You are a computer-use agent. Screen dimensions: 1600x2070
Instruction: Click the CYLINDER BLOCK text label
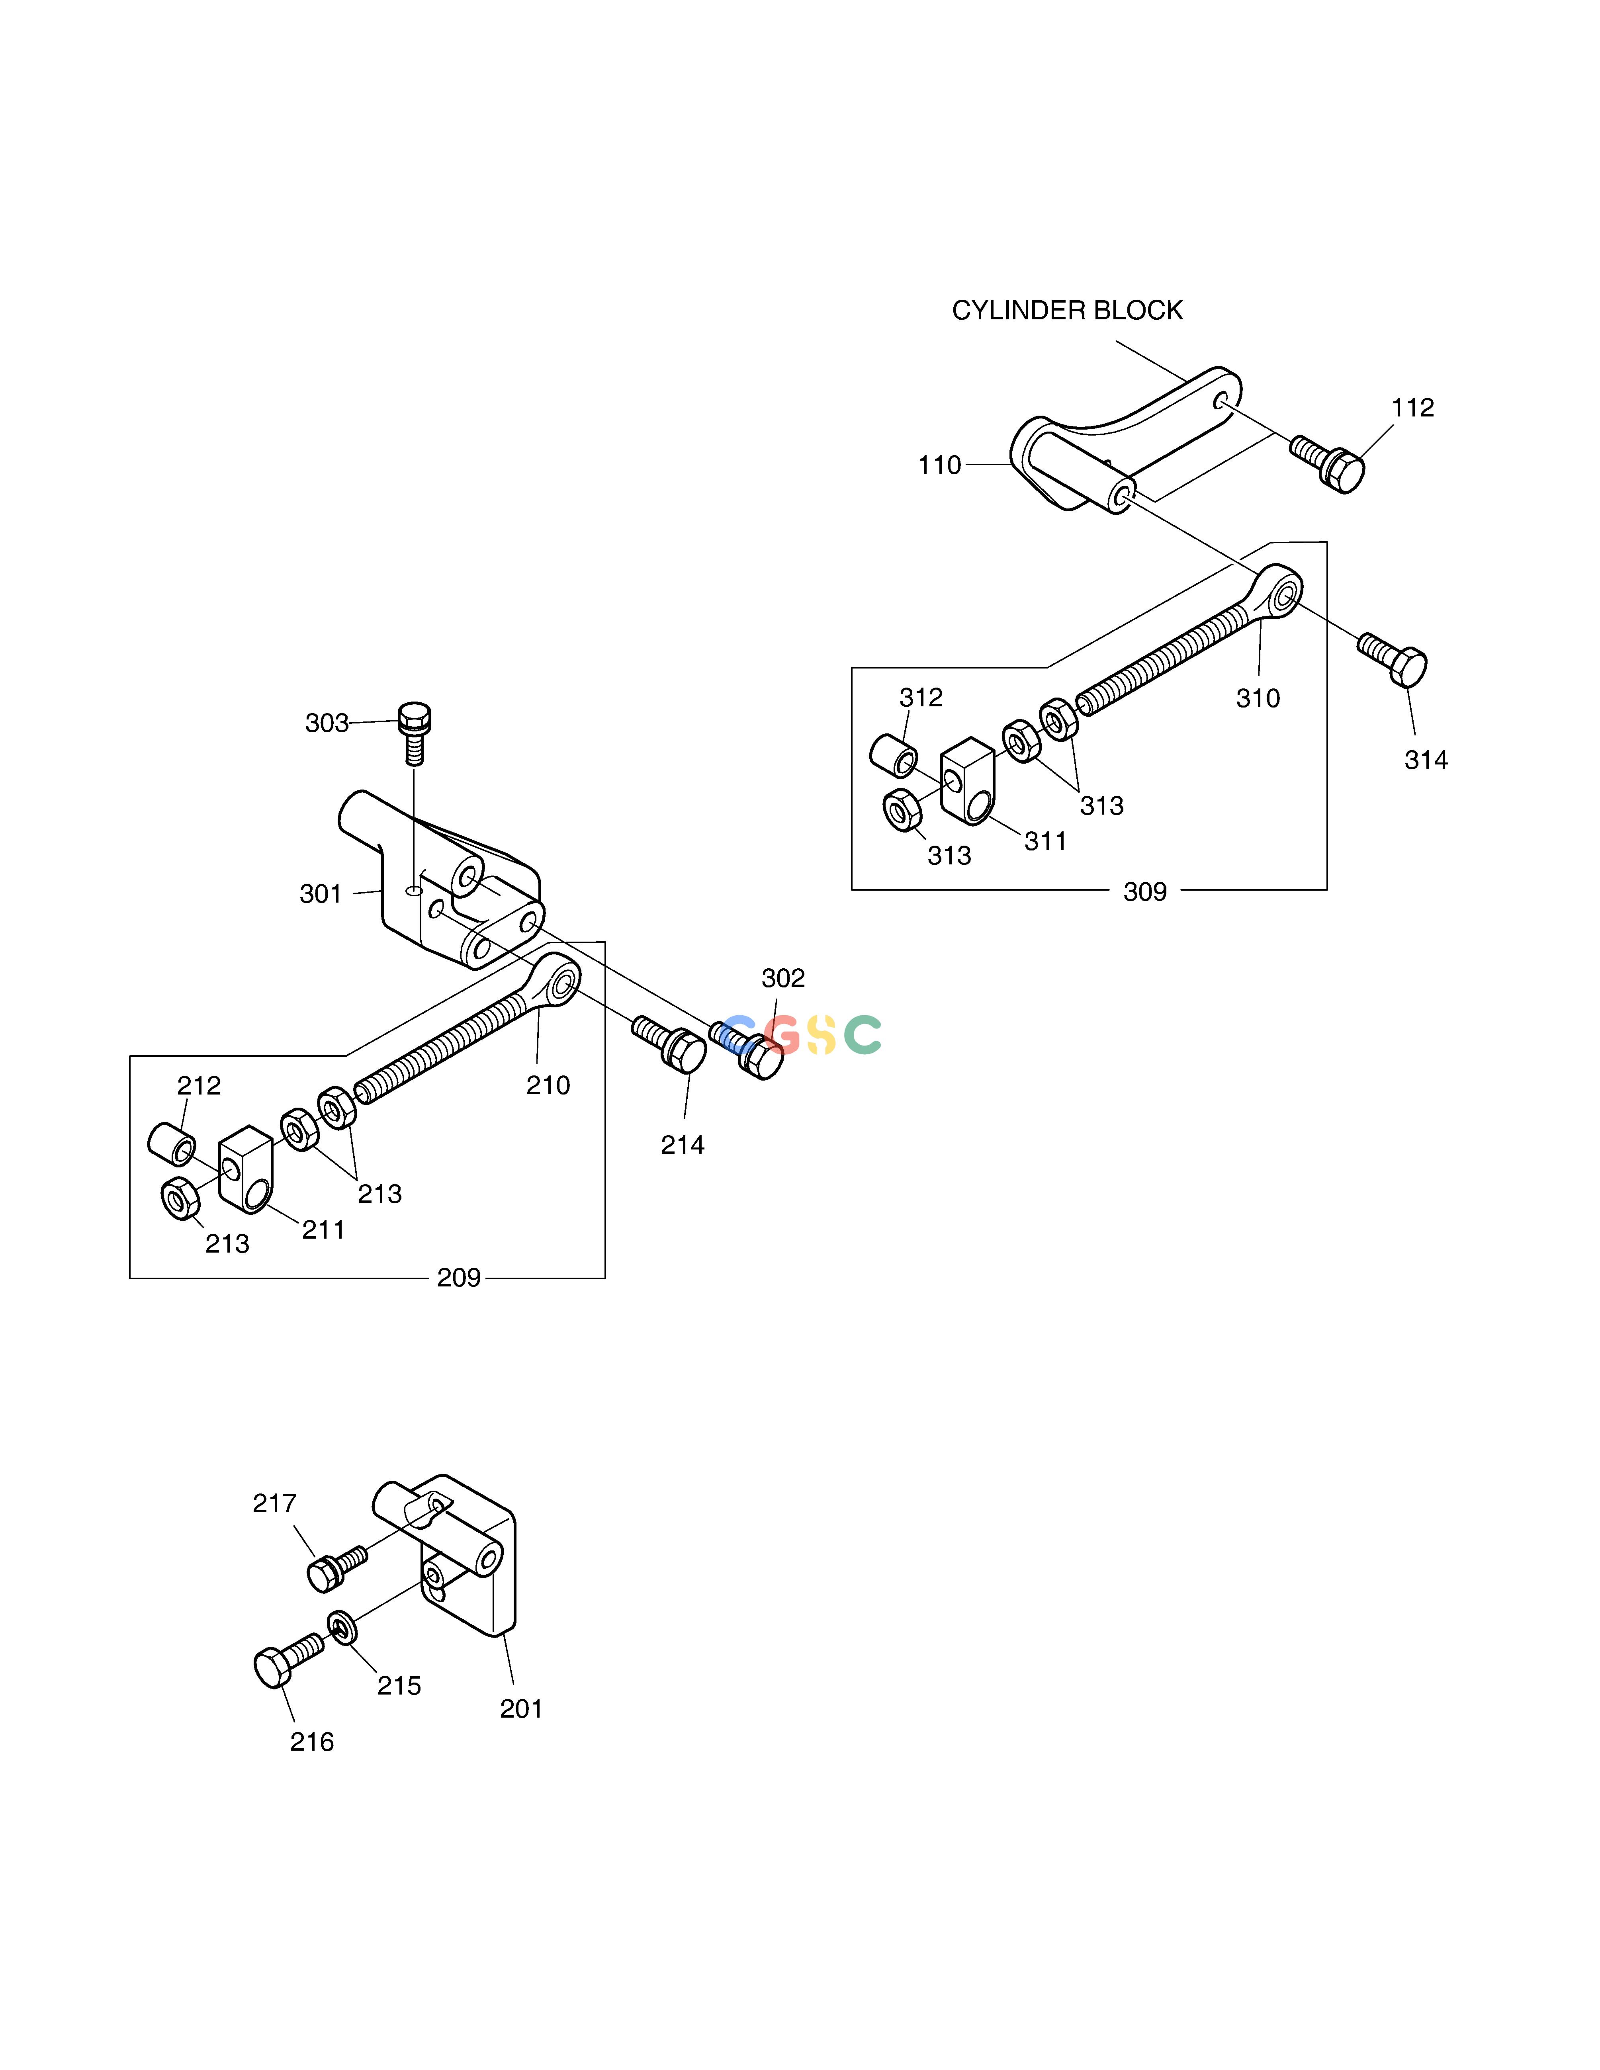pyautogui.click(x=1067, y=311)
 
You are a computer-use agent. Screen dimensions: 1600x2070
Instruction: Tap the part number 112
pyautogui.click(x=1412, y=408)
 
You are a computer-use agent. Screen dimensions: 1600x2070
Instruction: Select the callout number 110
pyautogui.click(x=939, y=465)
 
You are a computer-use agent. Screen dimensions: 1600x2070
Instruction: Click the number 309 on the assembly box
pyautogui.click(x=1145, y=892)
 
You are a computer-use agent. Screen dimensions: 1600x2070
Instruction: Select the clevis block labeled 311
pyautogui.click(x=967, y=780)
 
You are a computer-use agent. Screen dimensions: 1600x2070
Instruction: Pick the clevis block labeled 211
pyautogui.click(x=246, y=1169)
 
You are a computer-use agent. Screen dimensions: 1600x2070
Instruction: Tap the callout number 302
pyautogui.click(x=783, y=978)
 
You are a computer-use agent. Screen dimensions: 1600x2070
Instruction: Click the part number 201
pyautogui.click(x=521, y=1709)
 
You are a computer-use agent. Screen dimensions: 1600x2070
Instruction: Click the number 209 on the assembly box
pyautogui.click(x=459, y=1278)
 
